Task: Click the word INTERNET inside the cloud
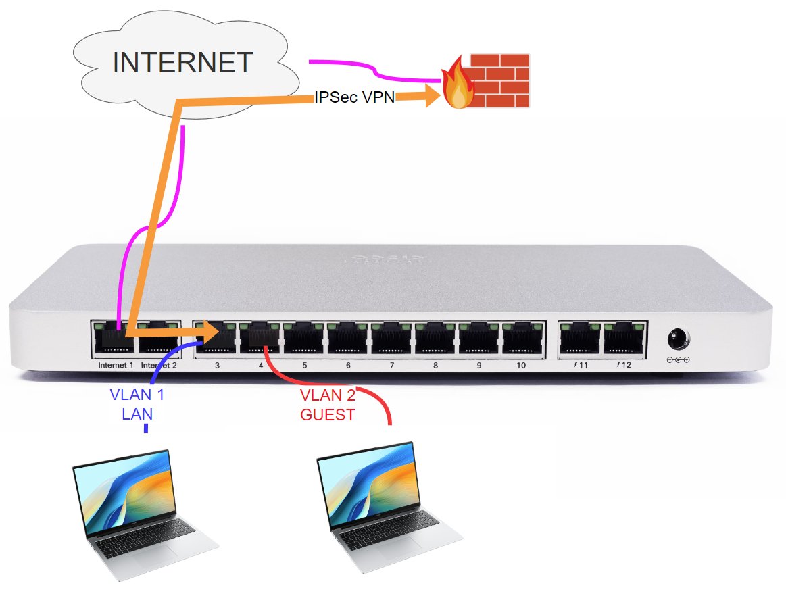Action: click(182, 62)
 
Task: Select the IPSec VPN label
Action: click(354, 97)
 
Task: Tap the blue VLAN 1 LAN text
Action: click(137, 404)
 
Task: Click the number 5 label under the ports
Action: click(304, 365)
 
